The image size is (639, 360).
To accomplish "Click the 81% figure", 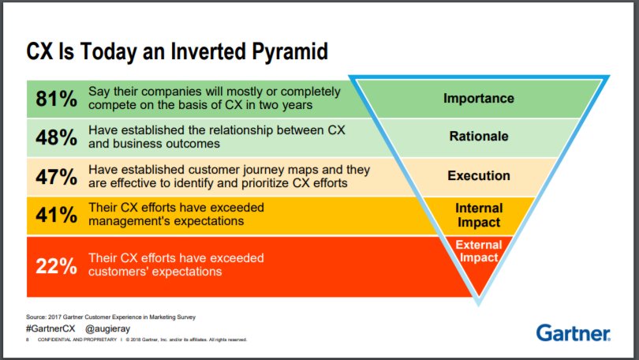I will (57, 99).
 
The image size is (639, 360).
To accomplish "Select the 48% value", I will (57, 137).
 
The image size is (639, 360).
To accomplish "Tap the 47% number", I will (57, 176).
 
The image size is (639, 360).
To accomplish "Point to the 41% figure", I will (57, 215).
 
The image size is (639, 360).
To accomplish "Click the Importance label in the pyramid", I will (478, 99).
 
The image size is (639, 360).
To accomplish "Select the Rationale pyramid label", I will (478, 137).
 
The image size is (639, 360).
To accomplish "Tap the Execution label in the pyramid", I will (478, 175).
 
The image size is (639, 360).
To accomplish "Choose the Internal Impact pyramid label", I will (478, 215).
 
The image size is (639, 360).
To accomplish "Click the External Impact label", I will (477, 251).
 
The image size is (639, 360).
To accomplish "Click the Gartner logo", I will (574, 332).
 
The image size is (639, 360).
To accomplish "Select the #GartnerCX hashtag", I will (50, 328).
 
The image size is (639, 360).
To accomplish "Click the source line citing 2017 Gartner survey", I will (110, 317).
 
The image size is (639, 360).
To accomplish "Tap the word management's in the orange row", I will (130, 220).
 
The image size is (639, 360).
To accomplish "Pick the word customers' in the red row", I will (123, 271).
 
